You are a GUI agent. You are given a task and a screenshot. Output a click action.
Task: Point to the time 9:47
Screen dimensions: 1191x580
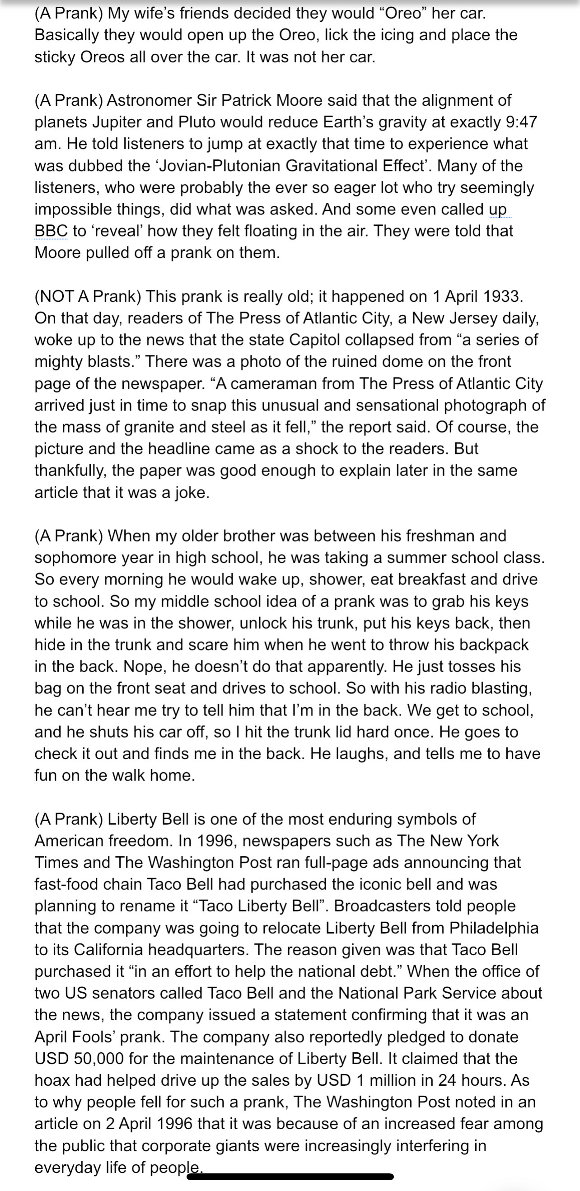[x=522, y=122]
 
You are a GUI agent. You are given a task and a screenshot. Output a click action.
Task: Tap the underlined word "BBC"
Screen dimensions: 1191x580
[x=51, y=231]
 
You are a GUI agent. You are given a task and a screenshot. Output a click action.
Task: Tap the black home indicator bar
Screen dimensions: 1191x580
[x=290, y=1177]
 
